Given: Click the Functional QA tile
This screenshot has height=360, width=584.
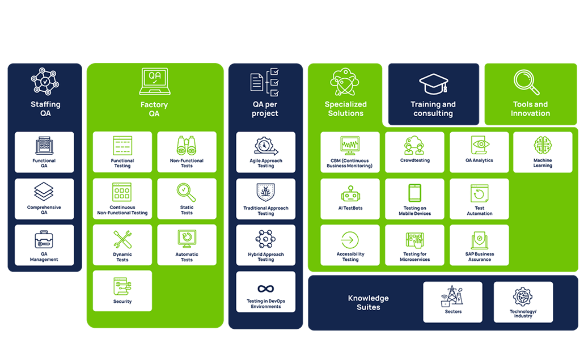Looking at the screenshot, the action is click(44, 152).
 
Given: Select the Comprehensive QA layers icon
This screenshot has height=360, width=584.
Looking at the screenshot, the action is click(44, 192).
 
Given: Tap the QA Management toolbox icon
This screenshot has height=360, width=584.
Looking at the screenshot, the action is click(44, 240).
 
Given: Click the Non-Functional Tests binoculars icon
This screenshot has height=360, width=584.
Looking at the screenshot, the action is click(187, 146).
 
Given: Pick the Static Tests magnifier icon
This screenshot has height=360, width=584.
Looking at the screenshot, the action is click(186, 192).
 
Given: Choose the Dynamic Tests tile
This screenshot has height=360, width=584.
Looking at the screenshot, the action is click(122, 244).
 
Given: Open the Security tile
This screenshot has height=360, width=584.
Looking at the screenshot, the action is click(122, 291).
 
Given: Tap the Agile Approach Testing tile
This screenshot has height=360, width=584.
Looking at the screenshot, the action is click(266, 152).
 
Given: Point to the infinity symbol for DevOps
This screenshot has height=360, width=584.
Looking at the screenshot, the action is click(265, 289).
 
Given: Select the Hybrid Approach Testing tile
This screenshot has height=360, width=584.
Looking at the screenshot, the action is click(266, 244).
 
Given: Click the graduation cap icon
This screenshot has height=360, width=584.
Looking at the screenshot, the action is click(434, 83).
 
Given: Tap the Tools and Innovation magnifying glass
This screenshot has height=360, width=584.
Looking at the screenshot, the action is click(526, 82).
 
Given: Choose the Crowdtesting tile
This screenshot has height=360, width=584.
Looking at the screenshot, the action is click(414, 152).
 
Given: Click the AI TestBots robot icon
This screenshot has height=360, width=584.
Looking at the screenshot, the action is click(350, 193).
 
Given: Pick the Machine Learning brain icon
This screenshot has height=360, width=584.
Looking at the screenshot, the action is click(543, 145).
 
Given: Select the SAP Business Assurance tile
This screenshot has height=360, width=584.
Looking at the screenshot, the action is click(479, 244).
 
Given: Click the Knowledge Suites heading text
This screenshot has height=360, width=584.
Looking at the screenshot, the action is click(369, 303).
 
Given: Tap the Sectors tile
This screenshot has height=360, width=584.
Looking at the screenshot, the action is click(452, 302).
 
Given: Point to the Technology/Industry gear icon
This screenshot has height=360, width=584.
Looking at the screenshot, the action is click(523, 297).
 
